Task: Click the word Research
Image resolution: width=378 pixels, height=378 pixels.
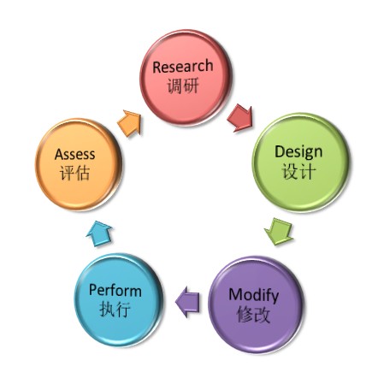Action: coord(183,67)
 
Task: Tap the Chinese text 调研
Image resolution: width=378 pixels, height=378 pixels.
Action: coord(183,86)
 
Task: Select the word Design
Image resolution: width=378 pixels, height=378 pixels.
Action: coord(298,153)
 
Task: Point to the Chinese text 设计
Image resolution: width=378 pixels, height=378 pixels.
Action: coord(298,172)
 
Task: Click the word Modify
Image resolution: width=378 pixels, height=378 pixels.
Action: coord(254,296)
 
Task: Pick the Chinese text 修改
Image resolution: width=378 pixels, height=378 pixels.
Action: coord(253,315)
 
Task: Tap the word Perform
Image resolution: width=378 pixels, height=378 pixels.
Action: coord(115,291)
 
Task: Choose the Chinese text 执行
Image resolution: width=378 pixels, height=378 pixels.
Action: coord(115,309)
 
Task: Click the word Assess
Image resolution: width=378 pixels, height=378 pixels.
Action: coord(74,154)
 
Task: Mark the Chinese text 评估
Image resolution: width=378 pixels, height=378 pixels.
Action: coord(75,173)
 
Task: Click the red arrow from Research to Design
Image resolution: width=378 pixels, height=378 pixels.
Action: coord(240,118)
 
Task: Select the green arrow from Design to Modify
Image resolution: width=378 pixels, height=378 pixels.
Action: coord(279,231)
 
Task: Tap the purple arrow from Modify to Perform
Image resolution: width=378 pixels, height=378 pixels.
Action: coord(187,302)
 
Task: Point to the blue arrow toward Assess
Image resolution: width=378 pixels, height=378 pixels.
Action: coord(99,233)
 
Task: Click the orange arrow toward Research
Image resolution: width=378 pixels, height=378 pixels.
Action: coord(130,123)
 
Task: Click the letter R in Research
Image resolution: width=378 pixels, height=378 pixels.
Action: coord(157,68)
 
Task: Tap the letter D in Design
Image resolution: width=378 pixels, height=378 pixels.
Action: coord(280,151)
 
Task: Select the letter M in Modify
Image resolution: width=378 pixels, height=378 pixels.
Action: coord(235,294)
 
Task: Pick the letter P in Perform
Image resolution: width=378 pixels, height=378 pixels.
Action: coord(93,290)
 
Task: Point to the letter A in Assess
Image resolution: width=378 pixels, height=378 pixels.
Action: coord(59,154)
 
